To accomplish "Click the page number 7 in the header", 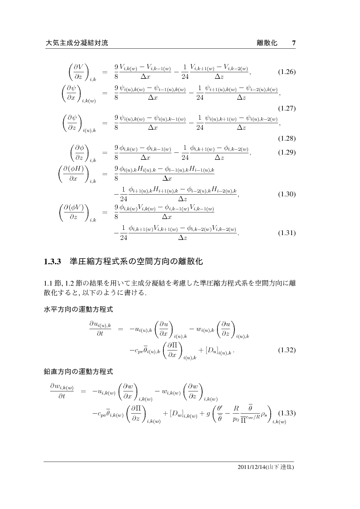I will pos(294,43).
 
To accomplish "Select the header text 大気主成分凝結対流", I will pos(77,43).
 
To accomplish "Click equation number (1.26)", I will pos(287,72).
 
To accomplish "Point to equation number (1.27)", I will pos(287,108).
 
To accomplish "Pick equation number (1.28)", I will pos(287,139).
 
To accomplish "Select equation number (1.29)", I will pos(287,153).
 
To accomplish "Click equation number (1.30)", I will pos(287,195).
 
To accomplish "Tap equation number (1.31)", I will pos(287,233).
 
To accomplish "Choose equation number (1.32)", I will pos(287,350).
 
